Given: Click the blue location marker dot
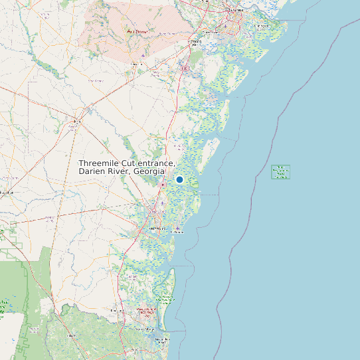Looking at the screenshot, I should coord(179,179).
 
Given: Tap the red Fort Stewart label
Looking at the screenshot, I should coord(137,31).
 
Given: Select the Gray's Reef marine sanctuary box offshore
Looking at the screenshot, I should coord(281,172).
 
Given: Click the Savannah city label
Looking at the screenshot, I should coord(236,11).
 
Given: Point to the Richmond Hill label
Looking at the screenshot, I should coord(195,42).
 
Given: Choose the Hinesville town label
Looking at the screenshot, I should coord(137,64).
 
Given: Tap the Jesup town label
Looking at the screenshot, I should coord(78,121).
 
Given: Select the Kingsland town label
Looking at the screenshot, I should coord(118,310).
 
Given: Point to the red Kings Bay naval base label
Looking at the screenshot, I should coord(147,312).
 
